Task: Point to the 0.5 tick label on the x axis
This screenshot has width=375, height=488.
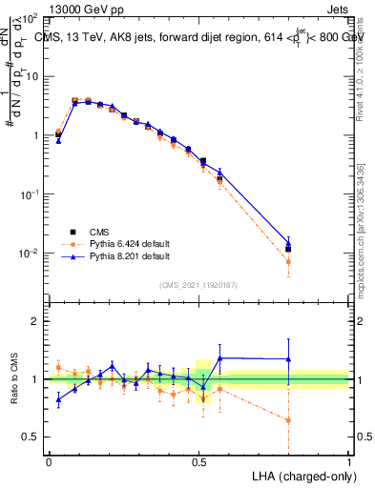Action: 198,460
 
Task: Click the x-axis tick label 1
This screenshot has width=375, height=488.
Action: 349,460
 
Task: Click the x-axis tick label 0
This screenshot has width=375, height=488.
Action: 49,460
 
